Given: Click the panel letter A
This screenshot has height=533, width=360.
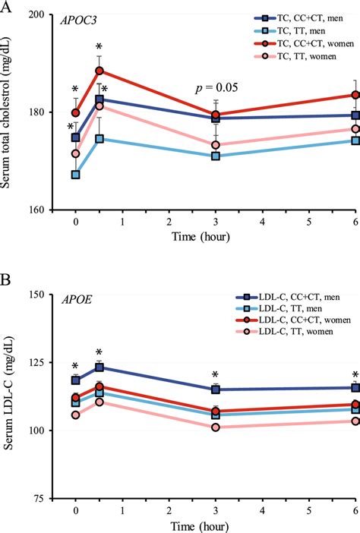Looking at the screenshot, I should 8,8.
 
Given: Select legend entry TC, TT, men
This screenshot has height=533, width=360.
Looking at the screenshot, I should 292,30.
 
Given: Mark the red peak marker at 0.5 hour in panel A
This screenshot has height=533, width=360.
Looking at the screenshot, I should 99,71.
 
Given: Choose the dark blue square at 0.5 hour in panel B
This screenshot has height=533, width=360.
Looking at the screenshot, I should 99,367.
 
